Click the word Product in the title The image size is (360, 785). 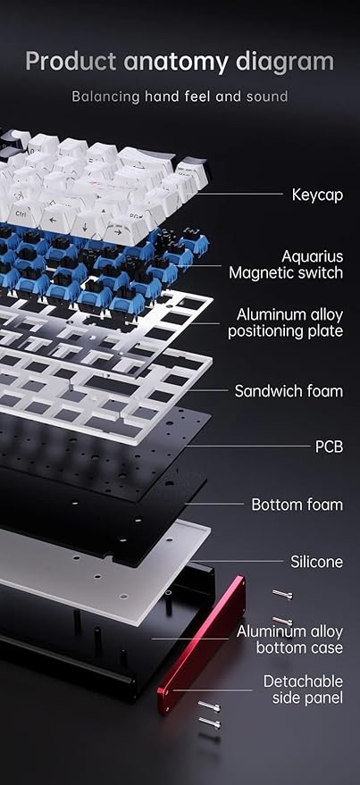[x=71, y=62]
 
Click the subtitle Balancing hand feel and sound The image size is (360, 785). [x=180, y=96]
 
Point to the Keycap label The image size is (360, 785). [x=317, y=195]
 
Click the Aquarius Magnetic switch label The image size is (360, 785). [x=286, y=264]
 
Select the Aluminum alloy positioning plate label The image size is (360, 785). [x=285, y=323]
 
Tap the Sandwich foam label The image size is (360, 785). [x=289, y=391]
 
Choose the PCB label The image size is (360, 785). [x=329, y=447]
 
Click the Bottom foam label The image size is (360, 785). [x=297, y=505]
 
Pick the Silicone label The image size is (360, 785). [x=317, y=562]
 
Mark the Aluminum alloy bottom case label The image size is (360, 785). [x=290, y=639]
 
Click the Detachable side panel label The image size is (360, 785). [x=304, y=689]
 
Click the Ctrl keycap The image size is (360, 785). [x=22, y=214]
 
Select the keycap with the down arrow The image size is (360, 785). [x=84, y=225]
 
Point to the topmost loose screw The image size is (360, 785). [x=282, y=594]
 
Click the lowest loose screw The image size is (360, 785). [x=209, y=722]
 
